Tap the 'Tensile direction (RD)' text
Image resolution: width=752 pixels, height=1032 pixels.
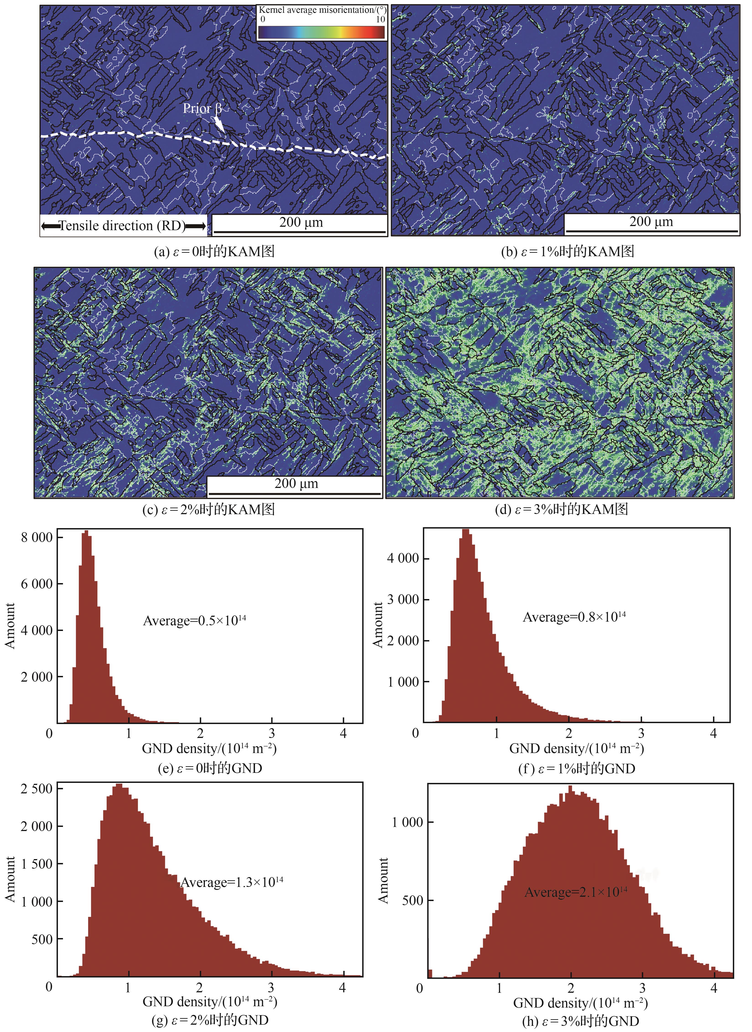pyautogui.click(x=123, y=226)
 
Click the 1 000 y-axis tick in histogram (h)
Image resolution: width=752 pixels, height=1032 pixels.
pyautogui.click(x=407, y=822)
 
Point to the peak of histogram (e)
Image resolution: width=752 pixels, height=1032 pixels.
pyautogui.click(x=86, y=532)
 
